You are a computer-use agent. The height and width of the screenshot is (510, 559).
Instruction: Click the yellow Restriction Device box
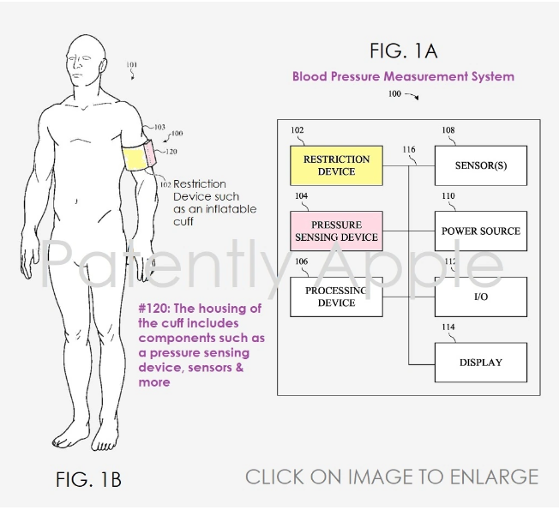[337, 165]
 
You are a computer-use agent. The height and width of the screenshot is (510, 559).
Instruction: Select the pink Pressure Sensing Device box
[337, 231]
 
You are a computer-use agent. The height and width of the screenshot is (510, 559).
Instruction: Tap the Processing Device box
[337, 297]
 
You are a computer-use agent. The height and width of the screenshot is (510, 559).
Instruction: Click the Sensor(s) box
[481, 165]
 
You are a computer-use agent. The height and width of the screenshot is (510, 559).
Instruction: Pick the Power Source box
[481, 231]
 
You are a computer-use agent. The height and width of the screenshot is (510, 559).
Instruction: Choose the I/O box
[481, 297]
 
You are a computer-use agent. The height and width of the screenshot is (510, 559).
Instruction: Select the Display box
[481, 363]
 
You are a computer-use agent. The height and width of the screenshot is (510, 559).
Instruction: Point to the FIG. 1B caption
[89, 479]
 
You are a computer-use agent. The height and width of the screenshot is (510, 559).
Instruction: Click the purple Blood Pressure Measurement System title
[403, 76]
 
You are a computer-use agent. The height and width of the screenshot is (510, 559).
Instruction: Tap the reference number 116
[409, 150]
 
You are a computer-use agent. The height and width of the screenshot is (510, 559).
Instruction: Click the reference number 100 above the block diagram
[394, 93]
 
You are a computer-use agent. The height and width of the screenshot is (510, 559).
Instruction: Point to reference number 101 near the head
[131, 65]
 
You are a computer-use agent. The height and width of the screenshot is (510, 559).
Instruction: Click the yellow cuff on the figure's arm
[135, 159]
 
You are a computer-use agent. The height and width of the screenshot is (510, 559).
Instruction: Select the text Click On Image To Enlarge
[392, 477]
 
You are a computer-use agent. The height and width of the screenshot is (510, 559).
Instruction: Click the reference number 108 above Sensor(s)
[448, 131]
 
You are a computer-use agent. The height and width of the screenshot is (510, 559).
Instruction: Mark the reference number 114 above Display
[448, 327]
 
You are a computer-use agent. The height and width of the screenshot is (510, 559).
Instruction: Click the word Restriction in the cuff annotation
[200, 184]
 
